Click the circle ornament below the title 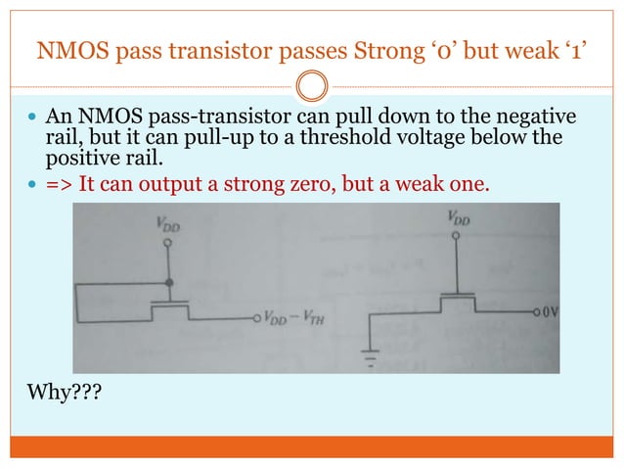click(x=311, y=88)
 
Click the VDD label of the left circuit click(x=168, y=224)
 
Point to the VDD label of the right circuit click(x=458, y=220)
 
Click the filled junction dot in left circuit click(x=169, y=283)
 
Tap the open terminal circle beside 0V click(x=535, y=311)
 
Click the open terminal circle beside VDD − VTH click(x=257, y=317)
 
